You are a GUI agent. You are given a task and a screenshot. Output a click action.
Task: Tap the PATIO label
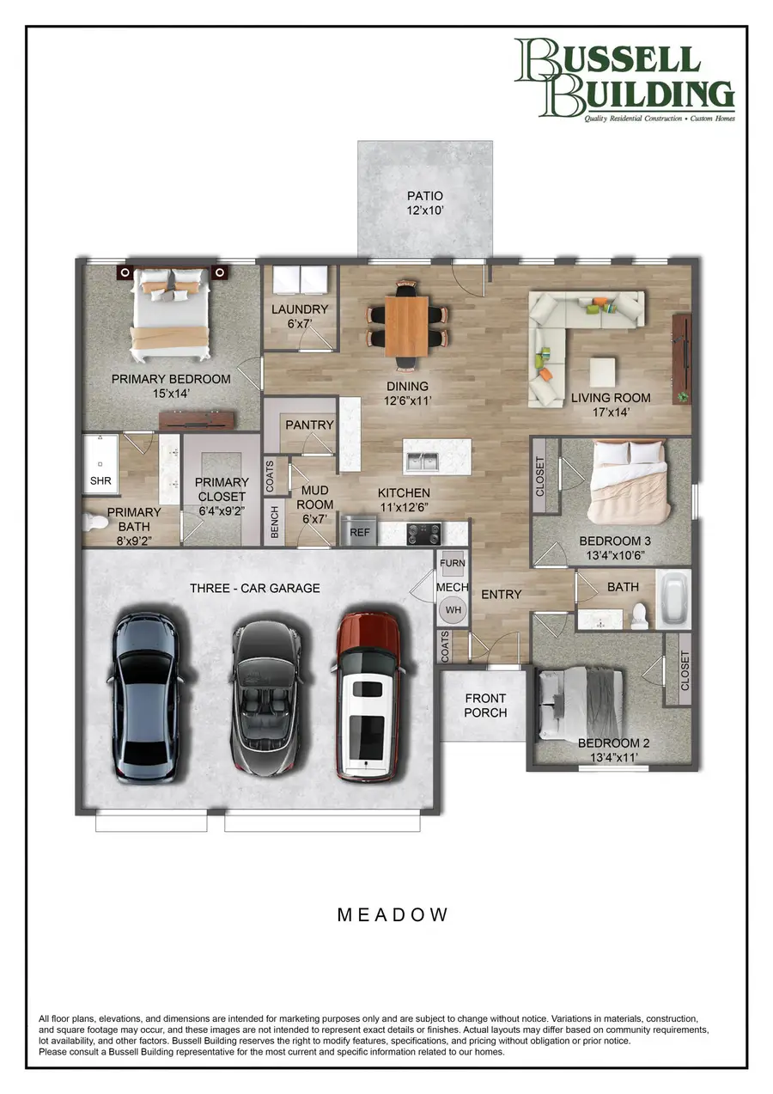(x=425, y=196)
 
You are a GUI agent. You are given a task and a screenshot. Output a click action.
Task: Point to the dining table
(x=407, y=326)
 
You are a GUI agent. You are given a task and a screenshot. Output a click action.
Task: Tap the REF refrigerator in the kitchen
(x=360, y=532)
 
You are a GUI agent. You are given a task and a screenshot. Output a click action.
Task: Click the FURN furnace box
(x=453, y=564)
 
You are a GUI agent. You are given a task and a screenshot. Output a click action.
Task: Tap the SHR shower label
(x=100, y=480)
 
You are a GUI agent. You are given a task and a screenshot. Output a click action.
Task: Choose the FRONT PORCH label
(x=485, y=706)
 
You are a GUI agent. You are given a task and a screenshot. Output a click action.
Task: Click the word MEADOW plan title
(x=393, y=914)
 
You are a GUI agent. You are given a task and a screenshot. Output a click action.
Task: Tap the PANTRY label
(x=309, y=425)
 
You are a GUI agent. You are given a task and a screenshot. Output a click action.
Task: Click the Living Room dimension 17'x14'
(x=611, y=413)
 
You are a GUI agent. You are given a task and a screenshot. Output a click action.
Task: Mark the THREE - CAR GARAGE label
(x=255, y=588)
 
